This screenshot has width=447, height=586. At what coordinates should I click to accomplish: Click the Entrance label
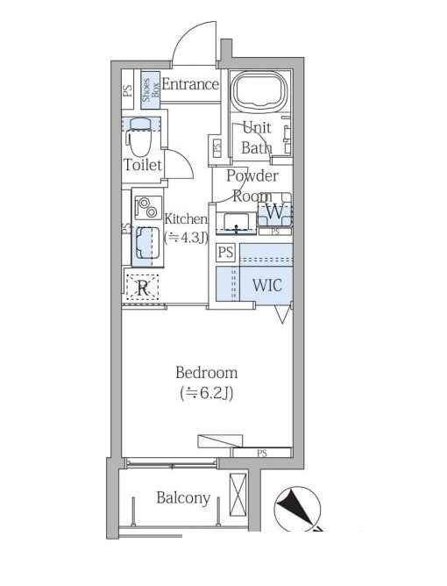tap(190, 84)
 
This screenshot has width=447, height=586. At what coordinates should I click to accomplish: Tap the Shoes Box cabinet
tap(151, 89)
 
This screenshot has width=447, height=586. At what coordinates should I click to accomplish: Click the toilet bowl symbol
tap(138, 137)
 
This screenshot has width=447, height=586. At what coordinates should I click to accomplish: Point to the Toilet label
tap(142, 165)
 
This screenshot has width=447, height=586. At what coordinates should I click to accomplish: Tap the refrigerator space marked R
tap(142, 288)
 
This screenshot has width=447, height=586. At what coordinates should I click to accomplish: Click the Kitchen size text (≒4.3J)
tap(187, 238)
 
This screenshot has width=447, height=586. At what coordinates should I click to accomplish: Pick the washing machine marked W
tap(275, 211)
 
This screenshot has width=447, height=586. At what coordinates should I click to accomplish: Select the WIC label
tap(267, 285)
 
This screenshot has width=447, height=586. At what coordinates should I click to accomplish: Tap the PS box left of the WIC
tap(225, 253)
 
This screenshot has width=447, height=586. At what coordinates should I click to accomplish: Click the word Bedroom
tap(207, 373)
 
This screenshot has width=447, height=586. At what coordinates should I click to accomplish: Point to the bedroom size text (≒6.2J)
tap(207, 393)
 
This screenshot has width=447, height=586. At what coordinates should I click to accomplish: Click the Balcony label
tap(183, 498)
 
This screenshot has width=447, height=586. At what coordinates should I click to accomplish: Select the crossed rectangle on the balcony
tap(238, 495)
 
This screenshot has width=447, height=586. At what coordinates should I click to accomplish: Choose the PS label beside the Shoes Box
tap(128, 91)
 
